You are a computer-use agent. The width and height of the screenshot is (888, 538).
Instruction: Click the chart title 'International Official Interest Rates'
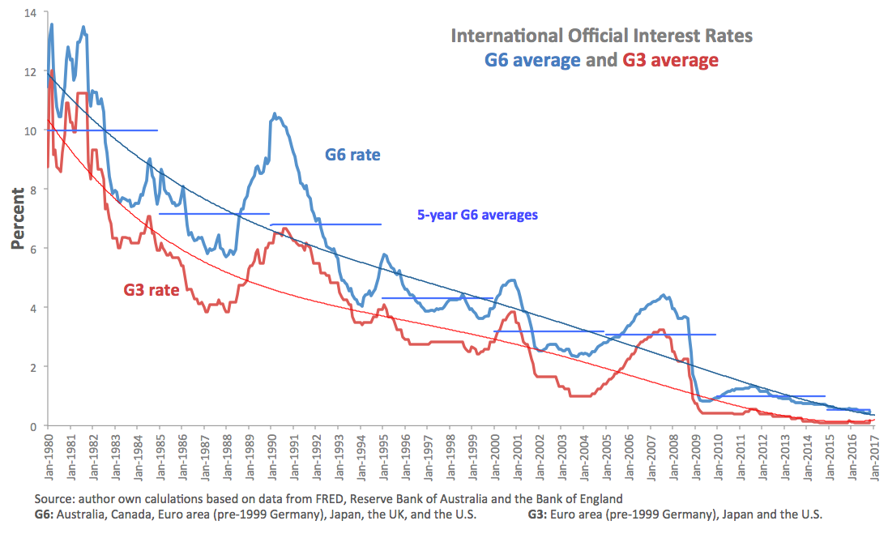(x=601, y=36)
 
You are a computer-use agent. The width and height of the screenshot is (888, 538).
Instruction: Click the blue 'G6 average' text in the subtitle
(x=532, y=60)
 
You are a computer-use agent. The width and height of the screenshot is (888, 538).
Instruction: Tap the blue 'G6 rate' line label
(x=352, y=154)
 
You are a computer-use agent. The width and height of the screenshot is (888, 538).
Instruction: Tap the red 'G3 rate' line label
(x=151, y=289)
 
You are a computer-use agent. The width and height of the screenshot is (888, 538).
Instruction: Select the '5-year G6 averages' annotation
(x=477, y=216)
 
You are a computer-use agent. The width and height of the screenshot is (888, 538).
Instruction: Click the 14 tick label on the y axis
(x=30, y=13)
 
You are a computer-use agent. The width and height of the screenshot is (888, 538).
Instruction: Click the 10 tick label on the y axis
(x=30, y=130)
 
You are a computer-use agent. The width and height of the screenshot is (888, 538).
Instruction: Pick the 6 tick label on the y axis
(x=33, y=249)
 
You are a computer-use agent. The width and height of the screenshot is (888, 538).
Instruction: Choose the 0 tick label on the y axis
(x=33, y=426)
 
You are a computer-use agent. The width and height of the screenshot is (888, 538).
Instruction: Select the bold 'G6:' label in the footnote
(x=46, y=515)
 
